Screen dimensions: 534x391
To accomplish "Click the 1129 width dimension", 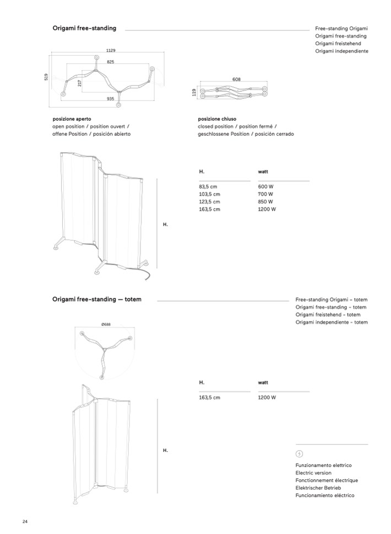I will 111,51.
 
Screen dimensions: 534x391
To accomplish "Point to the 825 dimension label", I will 111,62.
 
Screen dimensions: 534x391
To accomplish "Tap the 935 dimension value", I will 111,99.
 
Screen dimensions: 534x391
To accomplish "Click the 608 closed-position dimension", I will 236,79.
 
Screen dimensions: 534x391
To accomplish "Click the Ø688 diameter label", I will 106,324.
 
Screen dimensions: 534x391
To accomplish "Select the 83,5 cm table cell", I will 208,187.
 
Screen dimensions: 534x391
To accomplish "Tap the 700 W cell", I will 265,195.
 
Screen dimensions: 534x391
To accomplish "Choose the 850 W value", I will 266,202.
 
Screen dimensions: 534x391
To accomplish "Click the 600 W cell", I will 265,187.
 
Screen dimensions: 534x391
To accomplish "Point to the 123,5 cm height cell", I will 209,202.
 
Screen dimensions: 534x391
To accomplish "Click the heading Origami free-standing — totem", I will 97,299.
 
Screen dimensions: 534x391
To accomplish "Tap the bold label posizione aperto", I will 72,119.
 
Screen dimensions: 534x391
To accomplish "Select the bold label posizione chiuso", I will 217,119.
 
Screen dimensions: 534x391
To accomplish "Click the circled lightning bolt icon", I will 299,454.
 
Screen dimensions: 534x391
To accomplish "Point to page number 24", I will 25,521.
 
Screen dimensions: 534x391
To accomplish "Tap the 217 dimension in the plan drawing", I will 79,82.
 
